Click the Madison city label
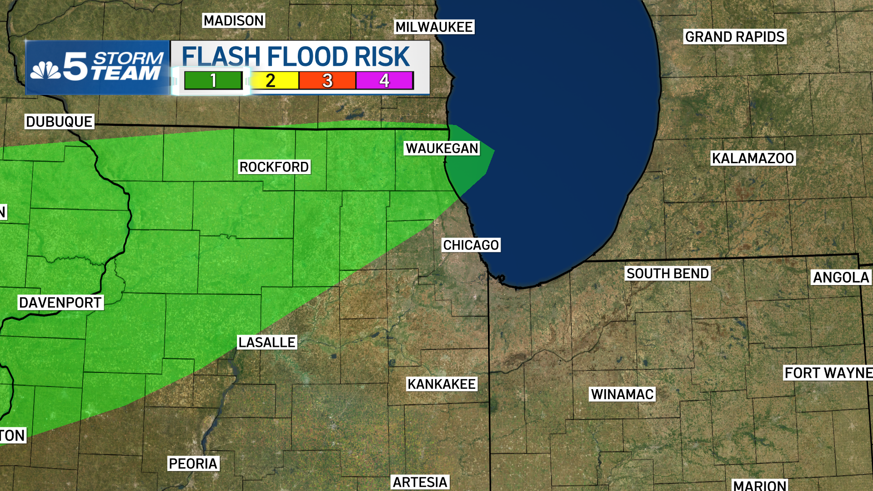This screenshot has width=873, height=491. (233, 21)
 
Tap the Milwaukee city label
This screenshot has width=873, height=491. (434, 27)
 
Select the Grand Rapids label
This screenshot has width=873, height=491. (735, 37)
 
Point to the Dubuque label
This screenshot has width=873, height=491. (59, 122)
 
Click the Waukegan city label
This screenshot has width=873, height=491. (442, 149)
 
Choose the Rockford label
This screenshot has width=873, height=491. (274, 167)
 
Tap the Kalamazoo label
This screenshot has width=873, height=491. (753, 158)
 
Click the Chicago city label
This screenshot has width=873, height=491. (471, 245)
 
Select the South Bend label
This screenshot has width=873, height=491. (667, 274)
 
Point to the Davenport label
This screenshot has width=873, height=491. (60, 303)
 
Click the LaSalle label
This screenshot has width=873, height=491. (267, 342)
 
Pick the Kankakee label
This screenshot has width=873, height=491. (442, 384)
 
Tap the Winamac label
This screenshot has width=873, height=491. (622, 394)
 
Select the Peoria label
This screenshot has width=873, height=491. (193, 464)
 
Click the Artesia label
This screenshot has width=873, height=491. (420, 482)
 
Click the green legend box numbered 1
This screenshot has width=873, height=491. (213, 81)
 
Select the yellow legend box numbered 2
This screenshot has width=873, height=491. (271, 81)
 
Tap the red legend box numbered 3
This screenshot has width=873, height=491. (327, 81)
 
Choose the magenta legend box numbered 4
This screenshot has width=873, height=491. (385, 81)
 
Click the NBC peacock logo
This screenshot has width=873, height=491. (45, 70)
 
